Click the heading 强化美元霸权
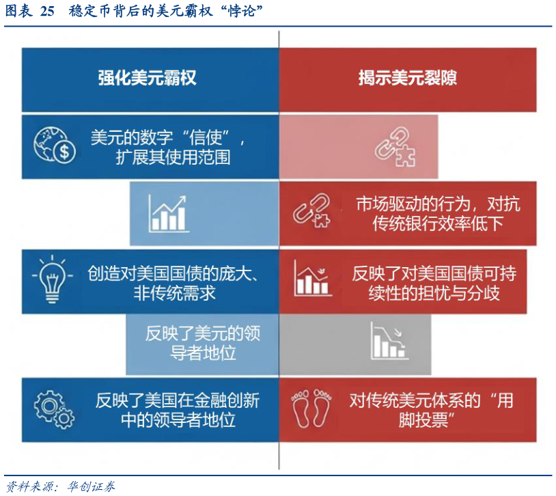[147, 77]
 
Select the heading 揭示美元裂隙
[408, 77]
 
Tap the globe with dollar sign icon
[55, 146]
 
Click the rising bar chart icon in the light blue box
[168, 212]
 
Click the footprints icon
[311, 409]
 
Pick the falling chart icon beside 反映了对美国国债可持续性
[313, 279]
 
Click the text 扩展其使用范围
[173, 158]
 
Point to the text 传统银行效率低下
[438, 224]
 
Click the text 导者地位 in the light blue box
[203, 354]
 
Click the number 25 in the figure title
[46, 12]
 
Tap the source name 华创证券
[89, 486]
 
